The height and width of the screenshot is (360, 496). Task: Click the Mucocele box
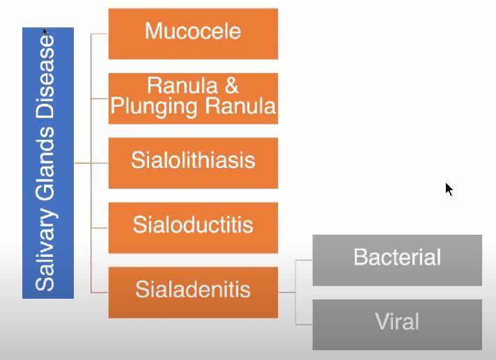coord(193,34)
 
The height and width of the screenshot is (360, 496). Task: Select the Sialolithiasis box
coord(193,163)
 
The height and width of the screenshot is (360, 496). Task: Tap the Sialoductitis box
coord(193,228)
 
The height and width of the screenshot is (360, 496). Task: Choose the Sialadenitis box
coord(193,292)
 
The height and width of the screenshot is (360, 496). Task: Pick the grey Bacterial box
coord(397,260)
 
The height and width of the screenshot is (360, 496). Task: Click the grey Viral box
coord(397,324)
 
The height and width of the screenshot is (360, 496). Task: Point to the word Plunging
coord(154,107)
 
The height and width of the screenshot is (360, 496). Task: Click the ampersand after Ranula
coord(231,86)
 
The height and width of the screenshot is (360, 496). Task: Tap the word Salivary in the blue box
coord(45,251)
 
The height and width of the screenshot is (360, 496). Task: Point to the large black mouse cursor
coord(449,189)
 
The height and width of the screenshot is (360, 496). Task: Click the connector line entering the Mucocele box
coord(100,34)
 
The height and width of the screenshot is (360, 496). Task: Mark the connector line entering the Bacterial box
coord(304,260)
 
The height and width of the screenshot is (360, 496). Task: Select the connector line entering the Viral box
coord(304,324)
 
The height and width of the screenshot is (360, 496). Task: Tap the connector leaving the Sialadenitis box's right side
coord(287,292)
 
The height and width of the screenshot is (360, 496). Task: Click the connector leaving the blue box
coord(82,163)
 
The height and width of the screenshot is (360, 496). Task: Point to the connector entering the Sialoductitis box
coord(100,228)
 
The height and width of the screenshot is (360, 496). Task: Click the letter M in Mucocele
coord(153,31)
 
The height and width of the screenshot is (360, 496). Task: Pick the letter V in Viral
coord(382,321)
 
